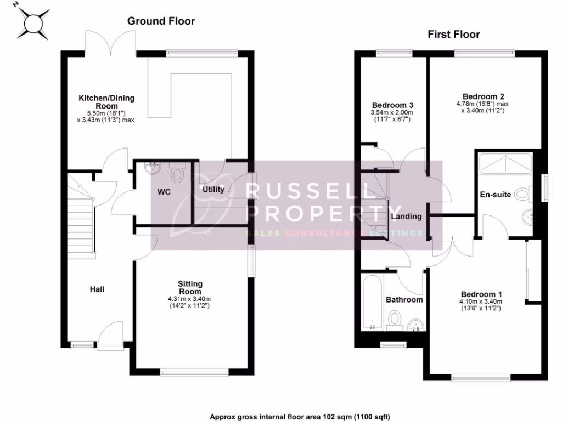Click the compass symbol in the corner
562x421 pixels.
(x=32, y=22)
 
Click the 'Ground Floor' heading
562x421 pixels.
(x=161, y=21)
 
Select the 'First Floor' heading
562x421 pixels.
(x=453, y=35)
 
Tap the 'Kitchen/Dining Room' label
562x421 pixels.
(x=106, y=102)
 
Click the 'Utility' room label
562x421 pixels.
(x=213, y=190)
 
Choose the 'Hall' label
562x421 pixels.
(x=97, y=289)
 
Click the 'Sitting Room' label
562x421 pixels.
(x=190, y=287)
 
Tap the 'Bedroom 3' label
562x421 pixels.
(x=392, y=105)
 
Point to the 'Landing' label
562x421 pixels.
(x=406, y=217)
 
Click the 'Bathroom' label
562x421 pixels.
(x=404, y=300)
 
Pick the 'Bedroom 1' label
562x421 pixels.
(x=481, y=293)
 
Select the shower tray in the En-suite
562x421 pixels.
(x=505, y=163)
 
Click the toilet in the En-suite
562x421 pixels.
(x=522, y=195)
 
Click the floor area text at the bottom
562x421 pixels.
(x=300, y=417)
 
